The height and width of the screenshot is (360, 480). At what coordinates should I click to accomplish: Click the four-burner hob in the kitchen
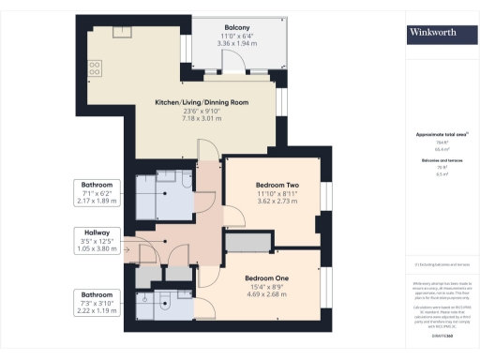(95, 67)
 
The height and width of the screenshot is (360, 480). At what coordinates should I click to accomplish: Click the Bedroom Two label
(277, 186)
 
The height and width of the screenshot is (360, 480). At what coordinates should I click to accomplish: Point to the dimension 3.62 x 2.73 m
(277, 202)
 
